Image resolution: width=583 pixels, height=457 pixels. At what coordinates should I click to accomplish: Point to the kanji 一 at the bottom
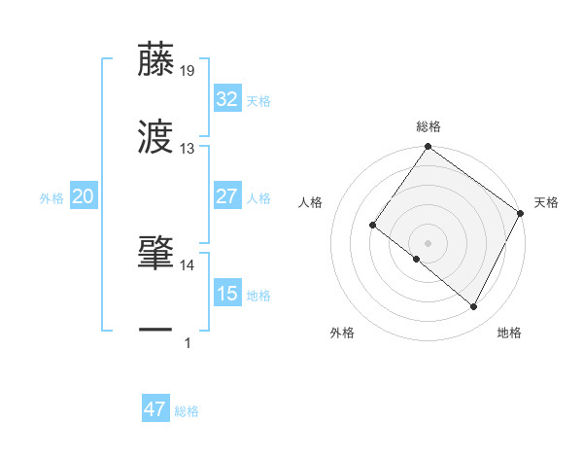[x=155, y=331]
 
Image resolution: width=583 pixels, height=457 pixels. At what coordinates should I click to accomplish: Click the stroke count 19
[x=188, y=70]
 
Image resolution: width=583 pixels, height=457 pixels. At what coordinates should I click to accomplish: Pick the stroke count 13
[x=188, y=149]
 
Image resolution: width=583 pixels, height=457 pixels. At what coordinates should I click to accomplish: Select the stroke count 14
[x=188, y=264]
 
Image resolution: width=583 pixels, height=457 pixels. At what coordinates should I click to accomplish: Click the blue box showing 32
[x=226, y=99]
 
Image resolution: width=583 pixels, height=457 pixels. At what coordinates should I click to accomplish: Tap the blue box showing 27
[x=226, y=196]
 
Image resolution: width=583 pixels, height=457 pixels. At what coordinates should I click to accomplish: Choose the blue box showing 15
[x=226, y=294]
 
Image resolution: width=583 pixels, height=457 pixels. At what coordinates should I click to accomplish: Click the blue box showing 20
[x=83, y=196]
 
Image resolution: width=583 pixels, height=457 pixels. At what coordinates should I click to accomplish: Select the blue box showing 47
[x=155, y=409]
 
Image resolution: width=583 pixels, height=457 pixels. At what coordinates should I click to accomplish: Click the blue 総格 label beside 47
[x=187, y=411]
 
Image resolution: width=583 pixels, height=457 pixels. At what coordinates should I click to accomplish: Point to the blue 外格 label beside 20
[x=51, y=198]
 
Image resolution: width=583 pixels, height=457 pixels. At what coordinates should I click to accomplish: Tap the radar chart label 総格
[x=429, y=126]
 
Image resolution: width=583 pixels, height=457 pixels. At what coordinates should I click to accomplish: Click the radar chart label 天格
[x=546, y=202]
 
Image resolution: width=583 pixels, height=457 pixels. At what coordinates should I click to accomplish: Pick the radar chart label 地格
[x=509, y=333]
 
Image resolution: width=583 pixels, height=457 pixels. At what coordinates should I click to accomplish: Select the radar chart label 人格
[x=311, y=202]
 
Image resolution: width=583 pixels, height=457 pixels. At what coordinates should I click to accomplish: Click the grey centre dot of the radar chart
[x=428, y=241]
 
